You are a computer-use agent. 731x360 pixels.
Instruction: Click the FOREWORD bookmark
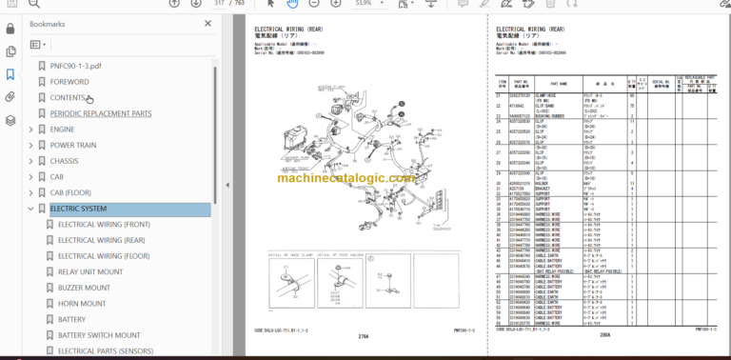pyautogui.click(x=71, y=81)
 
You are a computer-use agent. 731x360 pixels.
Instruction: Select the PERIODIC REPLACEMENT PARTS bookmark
pyautogui.click(x=100, y=113)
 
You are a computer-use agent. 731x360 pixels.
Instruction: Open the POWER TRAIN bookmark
pyautogui.click(x=72, y=145)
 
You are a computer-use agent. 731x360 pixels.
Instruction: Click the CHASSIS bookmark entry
pyautogui.click(x=64, y=161)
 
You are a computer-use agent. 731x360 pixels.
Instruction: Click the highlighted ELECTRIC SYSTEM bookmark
pyautogui.click(x=78, y=209)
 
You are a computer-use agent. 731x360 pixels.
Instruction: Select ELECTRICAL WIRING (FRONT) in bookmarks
pyautogui.click(x=104, y=224)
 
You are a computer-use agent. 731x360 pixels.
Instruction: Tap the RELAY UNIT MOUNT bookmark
pyautogui.click(x=89, y=271)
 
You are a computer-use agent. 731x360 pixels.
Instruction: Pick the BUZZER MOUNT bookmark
pyautogui.click(x=84, y=288)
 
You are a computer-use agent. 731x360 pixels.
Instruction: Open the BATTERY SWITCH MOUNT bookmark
pyautogui.click(x=99, y=334)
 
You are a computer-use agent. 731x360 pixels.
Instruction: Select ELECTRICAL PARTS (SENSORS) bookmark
pyautogui.click(x=105, y=350)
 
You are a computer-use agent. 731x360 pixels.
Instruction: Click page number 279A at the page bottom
pyautogui.click(x=363, y=335)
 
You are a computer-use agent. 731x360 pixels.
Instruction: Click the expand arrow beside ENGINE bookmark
pyautogui.click(x=30, y=130)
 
